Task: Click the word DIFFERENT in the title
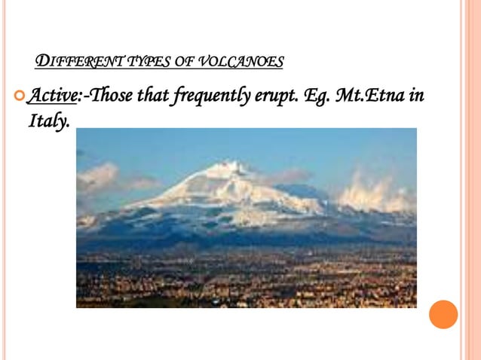pyautogui.click(x=72, y=61)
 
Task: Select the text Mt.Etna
pyautogui.click(x=369, y=97)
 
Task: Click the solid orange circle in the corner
pyautogui.click(x=443, y=314)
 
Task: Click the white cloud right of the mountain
pyautogui.click(x=373, y=192)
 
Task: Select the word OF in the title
pyautogui.click(x=185, y=61)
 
